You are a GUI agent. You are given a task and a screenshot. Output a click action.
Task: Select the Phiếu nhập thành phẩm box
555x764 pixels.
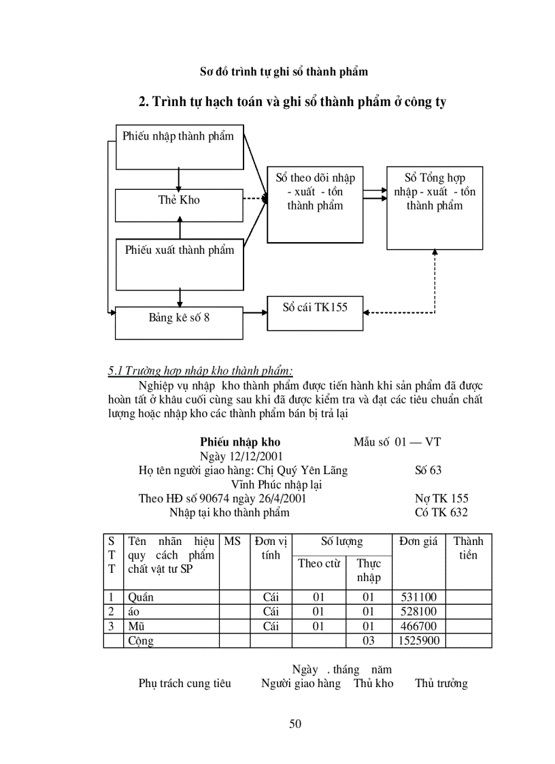tap(180, 147)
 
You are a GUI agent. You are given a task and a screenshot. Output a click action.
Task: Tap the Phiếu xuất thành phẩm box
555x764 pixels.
tap(180, 264)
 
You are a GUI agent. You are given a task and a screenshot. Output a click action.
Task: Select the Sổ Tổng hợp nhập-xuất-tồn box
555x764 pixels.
tap(435, 207)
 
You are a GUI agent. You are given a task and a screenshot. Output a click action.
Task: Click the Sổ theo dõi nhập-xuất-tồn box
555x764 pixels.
tap(315, 203)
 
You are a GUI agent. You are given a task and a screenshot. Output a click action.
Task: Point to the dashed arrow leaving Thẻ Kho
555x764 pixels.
tap(254, 199)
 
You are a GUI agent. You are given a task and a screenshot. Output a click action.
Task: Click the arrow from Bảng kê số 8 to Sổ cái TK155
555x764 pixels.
tap(254, 313)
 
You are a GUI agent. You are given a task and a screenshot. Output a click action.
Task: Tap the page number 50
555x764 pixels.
tap(295, 723)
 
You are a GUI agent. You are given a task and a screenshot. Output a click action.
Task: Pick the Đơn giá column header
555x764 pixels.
tap(418, 542)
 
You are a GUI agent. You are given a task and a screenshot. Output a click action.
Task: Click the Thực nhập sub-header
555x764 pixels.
tap(368, 570)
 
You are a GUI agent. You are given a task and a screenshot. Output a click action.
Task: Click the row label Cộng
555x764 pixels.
tap(141, 641)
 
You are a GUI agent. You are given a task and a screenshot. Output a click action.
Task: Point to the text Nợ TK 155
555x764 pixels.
tap(441, 499)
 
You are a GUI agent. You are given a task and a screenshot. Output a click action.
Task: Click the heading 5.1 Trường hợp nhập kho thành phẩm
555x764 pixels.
tap(201, 371)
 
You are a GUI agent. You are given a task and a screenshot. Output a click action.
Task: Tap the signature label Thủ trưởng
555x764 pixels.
tap(441, 684)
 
